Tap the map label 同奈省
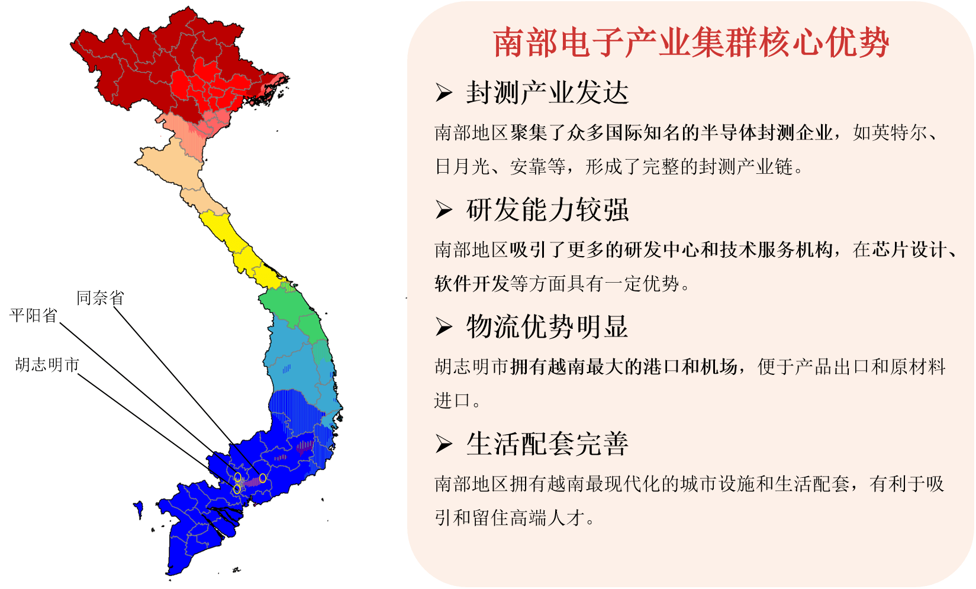[x=100, y=298]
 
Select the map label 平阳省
[x=34, y=315]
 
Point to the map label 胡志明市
[x=47, y=365]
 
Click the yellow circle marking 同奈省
[x=263, y=478]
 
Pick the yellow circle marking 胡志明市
[x=237, y=489]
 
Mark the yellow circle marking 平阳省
[x=238, y=477]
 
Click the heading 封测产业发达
[x=547, y=93]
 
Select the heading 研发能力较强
[x=547, y=210]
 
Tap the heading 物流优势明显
[x=547, y=326]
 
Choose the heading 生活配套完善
[x=547, y=444]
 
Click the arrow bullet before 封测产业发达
[x=444, y=93]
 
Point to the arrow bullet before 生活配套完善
[x=444, y=444]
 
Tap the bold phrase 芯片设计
[x=909, y=250]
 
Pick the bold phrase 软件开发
[x=472, y=284]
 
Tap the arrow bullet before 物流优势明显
[x=444, y=327]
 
